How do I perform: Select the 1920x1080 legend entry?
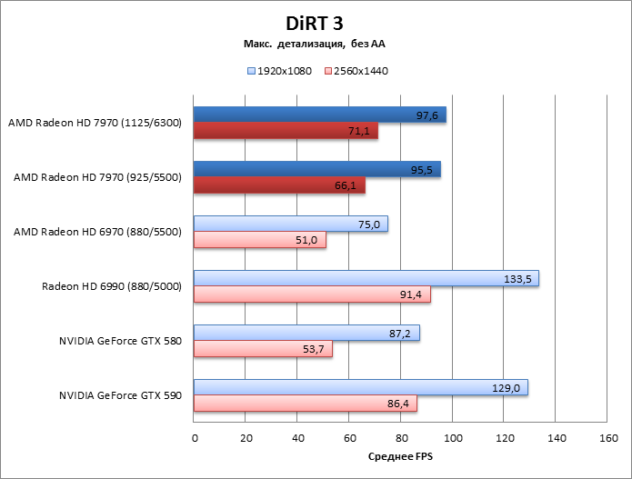point(278,70)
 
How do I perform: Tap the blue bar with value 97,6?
point(319,115)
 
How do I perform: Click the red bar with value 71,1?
point(286,131)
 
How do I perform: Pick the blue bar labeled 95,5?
point(316,169)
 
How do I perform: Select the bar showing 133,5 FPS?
point(366,278)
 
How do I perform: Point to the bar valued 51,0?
point(259,240)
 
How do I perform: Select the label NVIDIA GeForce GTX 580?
point(120,342)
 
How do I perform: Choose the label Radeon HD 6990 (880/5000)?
point(112,287)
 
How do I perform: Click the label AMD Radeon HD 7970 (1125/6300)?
point(95,123)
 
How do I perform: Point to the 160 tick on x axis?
point(607,438)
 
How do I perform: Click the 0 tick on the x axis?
point(195,438)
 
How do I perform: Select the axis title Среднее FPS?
point(400,456)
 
